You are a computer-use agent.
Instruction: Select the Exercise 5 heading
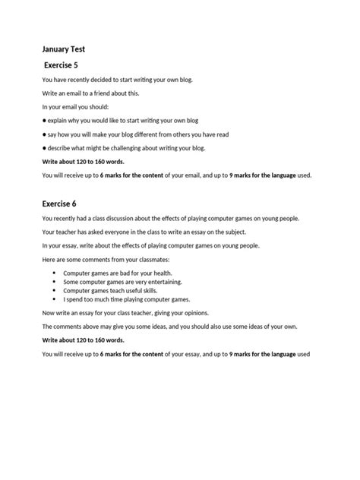click(69, 66)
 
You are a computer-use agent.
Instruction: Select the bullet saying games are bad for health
click(117, 272)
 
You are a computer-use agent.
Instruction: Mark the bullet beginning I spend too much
click(126, 299)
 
